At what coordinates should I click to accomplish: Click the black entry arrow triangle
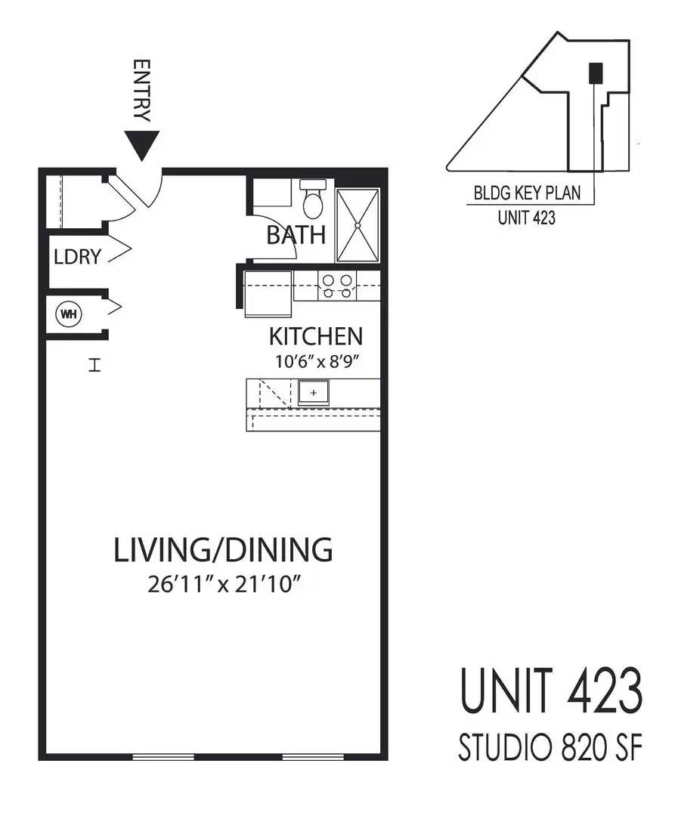click(141, 144)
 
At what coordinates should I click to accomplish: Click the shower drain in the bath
click(358, 225)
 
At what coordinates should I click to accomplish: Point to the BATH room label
click(296, 235)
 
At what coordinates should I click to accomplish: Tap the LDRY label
click(77, 257)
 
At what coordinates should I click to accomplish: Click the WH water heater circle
click(69, 314)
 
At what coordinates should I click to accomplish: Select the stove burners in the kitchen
click(337, 286)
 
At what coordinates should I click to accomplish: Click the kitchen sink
click(314, 392)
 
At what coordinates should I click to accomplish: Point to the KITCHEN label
click(315, 337)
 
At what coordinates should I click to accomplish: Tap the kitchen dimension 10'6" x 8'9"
click(317, 361)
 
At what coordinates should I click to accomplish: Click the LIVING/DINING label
click(223, 550)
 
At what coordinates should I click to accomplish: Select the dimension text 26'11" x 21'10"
click(224, 584)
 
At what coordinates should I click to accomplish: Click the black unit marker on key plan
click(596, 73)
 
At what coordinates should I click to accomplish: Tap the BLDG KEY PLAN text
click(527, 193)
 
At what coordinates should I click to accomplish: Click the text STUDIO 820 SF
click(550, 747)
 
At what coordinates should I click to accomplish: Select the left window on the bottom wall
click(163, 756)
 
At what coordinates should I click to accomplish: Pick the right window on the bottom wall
click(313, 756)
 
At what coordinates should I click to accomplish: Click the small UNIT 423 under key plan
click(527, 217)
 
